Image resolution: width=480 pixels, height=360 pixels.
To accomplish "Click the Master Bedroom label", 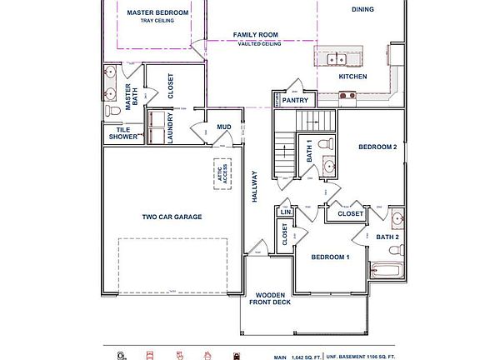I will click(x=157, y=13).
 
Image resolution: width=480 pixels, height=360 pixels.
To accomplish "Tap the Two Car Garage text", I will click(x=172, y=217).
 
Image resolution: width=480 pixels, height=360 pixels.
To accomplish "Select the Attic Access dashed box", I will click(x=222, y=174).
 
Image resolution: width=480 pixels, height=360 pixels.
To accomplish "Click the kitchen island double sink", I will click(x=337, y=58).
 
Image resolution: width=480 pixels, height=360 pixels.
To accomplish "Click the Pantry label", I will click(x=295, y=100).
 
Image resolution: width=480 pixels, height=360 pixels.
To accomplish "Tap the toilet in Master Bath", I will click(x=112, y=111).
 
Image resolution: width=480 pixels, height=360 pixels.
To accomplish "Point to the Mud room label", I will click(x=224, y=127).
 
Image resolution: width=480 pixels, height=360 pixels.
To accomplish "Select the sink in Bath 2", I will click(x=397, y=221).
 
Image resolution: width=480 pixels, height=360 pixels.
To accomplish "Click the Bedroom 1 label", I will click(x=330, y=257).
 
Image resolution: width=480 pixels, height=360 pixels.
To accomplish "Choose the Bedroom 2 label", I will click(x=377, y=147).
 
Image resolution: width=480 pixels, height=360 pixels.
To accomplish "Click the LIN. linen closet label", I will click(x=284, y=212).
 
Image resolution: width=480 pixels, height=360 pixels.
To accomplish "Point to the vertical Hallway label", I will click(x=256, y=188).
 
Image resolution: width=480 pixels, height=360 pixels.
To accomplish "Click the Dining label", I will click(x=362, y=10).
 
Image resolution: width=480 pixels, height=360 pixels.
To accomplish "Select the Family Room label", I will click(x=256, y=35).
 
